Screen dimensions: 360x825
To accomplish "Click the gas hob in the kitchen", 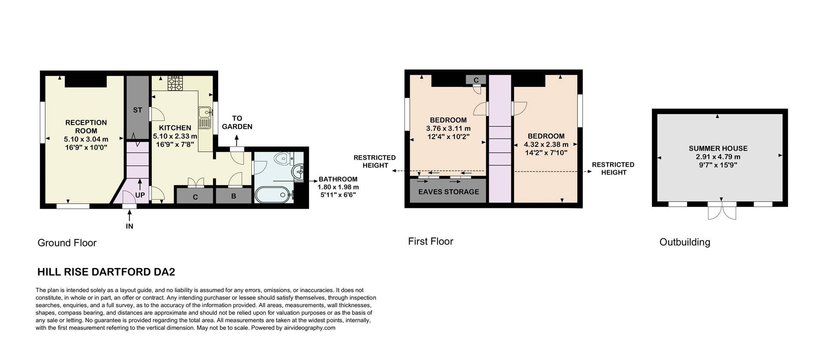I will (x=175, y=83).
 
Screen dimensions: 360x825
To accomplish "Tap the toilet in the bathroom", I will (x=282, y=159).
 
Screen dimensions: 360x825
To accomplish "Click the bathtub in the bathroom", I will (x=274, y=195).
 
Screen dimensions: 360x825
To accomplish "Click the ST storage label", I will (x=137, y=110).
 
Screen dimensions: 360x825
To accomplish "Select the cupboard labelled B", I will (x=233, y=197).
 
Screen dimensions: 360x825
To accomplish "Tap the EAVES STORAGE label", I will (x=448, y=192).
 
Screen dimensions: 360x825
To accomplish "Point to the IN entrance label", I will (x=129, y=226).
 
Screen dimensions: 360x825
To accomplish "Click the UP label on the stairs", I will (x=140, y=195).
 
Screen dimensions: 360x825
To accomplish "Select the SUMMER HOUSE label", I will (x=718, y=149).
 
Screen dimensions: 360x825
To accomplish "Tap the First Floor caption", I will (x=430, y=241).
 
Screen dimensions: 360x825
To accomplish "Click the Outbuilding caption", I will (x=684, y=242).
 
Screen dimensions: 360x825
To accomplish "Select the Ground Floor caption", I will (x=67, y=243).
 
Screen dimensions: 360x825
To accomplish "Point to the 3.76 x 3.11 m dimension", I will (x=448, y=128).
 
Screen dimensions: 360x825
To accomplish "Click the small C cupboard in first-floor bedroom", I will (x=476, y=80).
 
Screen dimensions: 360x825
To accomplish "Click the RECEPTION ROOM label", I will (x=86, y=127).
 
